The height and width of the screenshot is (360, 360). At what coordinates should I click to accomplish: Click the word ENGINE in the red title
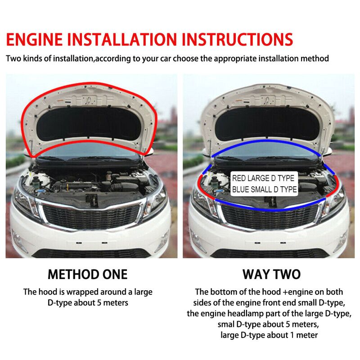tap(34, 39)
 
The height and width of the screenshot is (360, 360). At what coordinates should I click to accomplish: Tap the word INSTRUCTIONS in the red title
tap(238, 39)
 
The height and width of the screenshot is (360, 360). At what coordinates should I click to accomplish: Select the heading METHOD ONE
tap(87, 274)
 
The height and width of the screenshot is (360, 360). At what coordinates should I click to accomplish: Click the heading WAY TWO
tap(271, 274)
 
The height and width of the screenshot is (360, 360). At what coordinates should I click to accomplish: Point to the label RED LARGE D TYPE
tap(263, 178)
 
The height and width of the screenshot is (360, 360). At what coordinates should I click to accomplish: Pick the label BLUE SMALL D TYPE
tap(265, 189)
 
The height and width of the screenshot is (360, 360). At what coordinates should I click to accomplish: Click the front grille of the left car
tap(91, 216)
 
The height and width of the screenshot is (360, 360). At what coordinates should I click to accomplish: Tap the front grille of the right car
tap(270, 216)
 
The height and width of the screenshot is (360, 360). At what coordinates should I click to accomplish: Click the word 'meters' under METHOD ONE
tap(116, 302)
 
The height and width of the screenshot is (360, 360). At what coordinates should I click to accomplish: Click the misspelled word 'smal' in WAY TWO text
tap(226, 324)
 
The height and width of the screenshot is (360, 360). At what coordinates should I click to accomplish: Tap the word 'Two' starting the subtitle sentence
tap(13, 58)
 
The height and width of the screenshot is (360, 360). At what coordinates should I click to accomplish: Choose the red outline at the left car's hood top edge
tap(88, 83)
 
